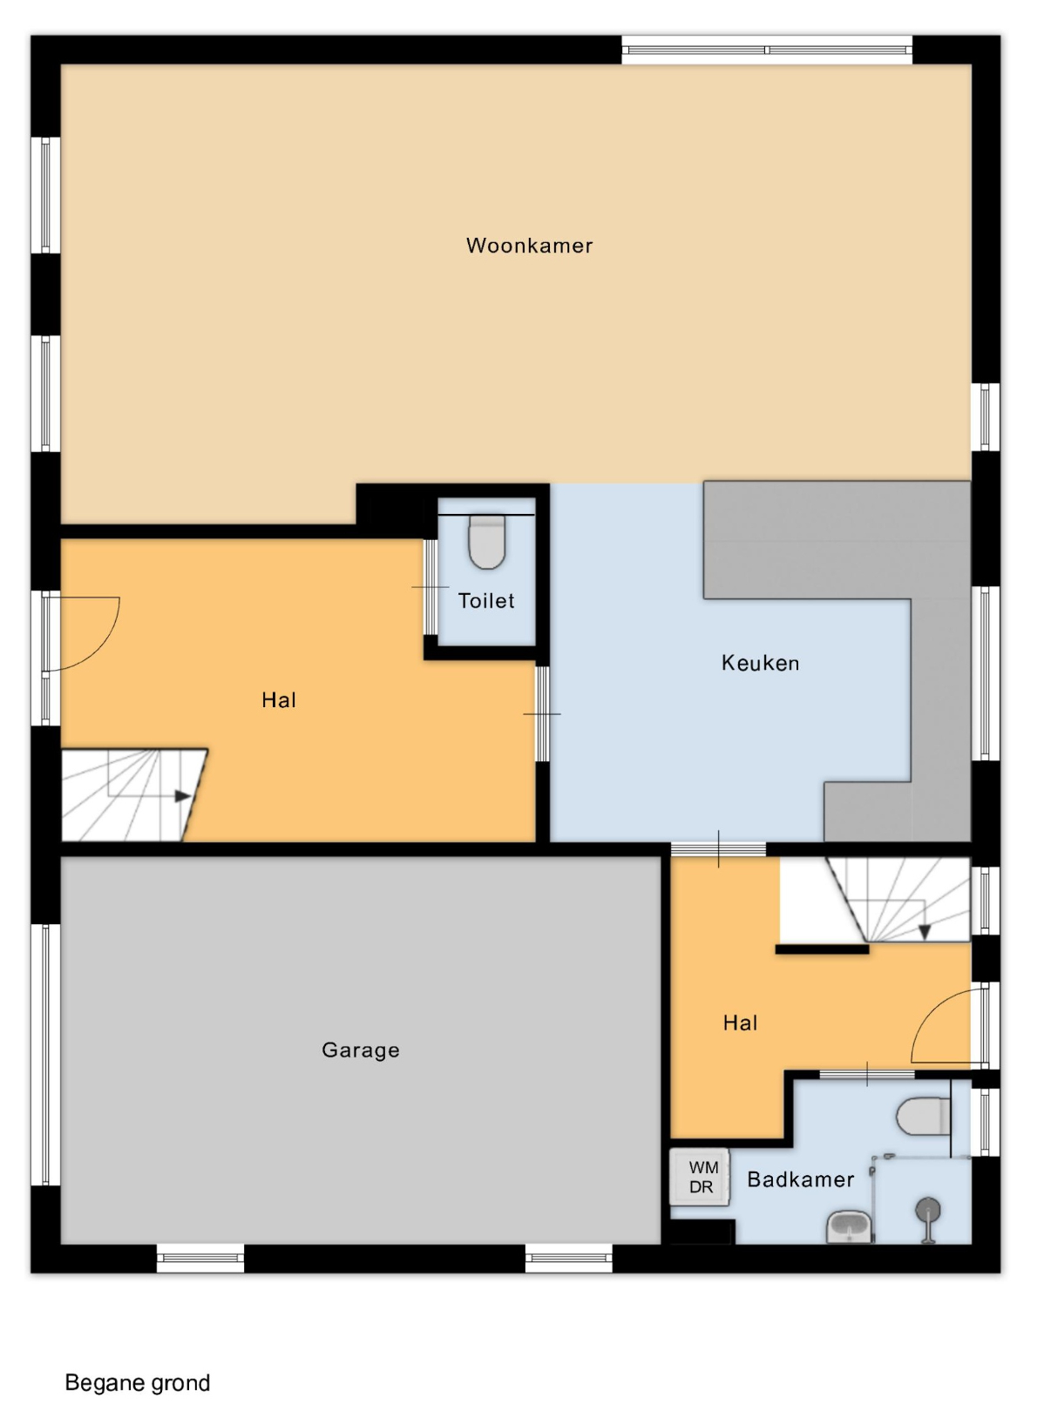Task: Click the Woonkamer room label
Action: tap(529, 246)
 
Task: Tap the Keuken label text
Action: tap(760, 663)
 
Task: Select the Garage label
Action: tap(360, 1050)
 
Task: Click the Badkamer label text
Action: tap(800, 1179)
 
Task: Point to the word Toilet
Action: tap(486, 600)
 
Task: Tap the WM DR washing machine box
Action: tap(699, 1177)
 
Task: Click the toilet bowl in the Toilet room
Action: tap(487, 541)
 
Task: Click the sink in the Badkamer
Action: tap(850, 1225)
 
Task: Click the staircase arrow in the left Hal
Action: tap(183, 796)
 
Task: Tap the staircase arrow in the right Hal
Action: tap(925, 931)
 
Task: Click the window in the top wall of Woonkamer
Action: tap(767, 50)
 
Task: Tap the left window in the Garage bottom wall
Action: tap(200, 1258)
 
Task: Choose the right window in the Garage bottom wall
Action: tap(568, 1258)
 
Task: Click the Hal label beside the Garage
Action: tap(741, 1023)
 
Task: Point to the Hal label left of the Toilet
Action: tap(279, 699)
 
